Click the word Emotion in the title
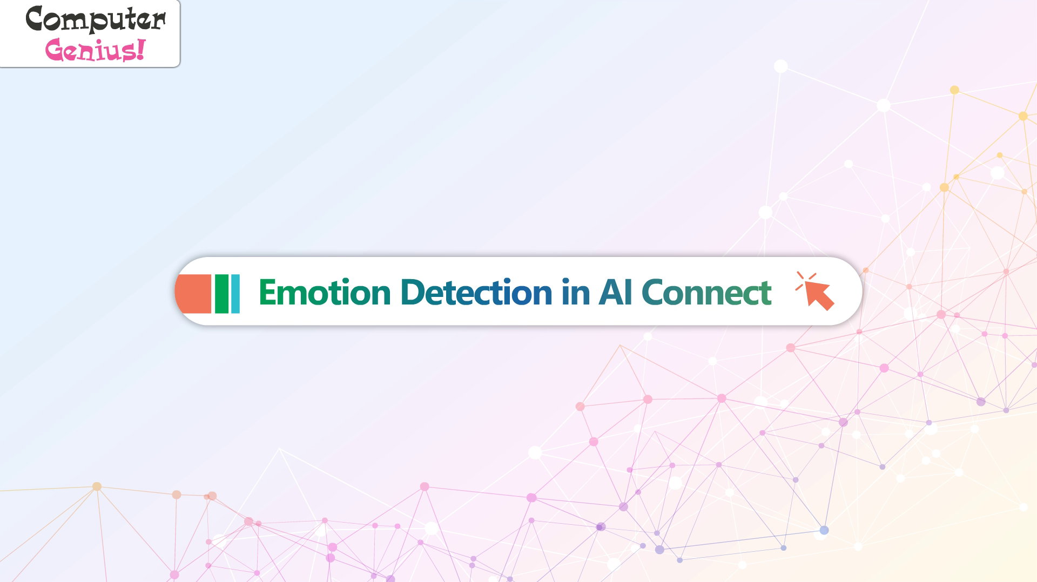point(325,292)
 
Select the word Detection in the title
point(476,292)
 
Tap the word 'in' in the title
point(575,292)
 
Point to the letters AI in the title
point(615,292)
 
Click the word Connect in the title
point(706,292)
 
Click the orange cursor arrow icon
point(819,295)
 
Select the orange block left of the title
point(193,294)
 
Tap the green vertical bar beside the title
point(221,294)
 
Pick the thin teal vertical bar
point(235,294)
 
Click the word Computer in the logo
point(96,19)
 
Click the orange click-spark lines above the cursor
point(805,280)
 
